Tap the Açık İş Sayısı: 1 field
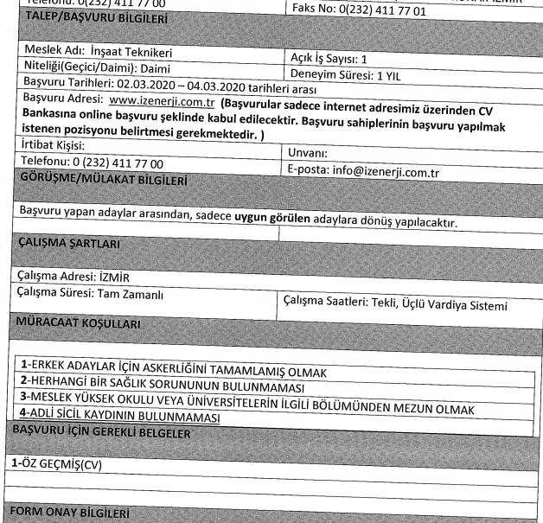[x=329, y=60]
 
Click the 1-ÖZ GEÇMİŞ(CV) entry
[x=55, y=462]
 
